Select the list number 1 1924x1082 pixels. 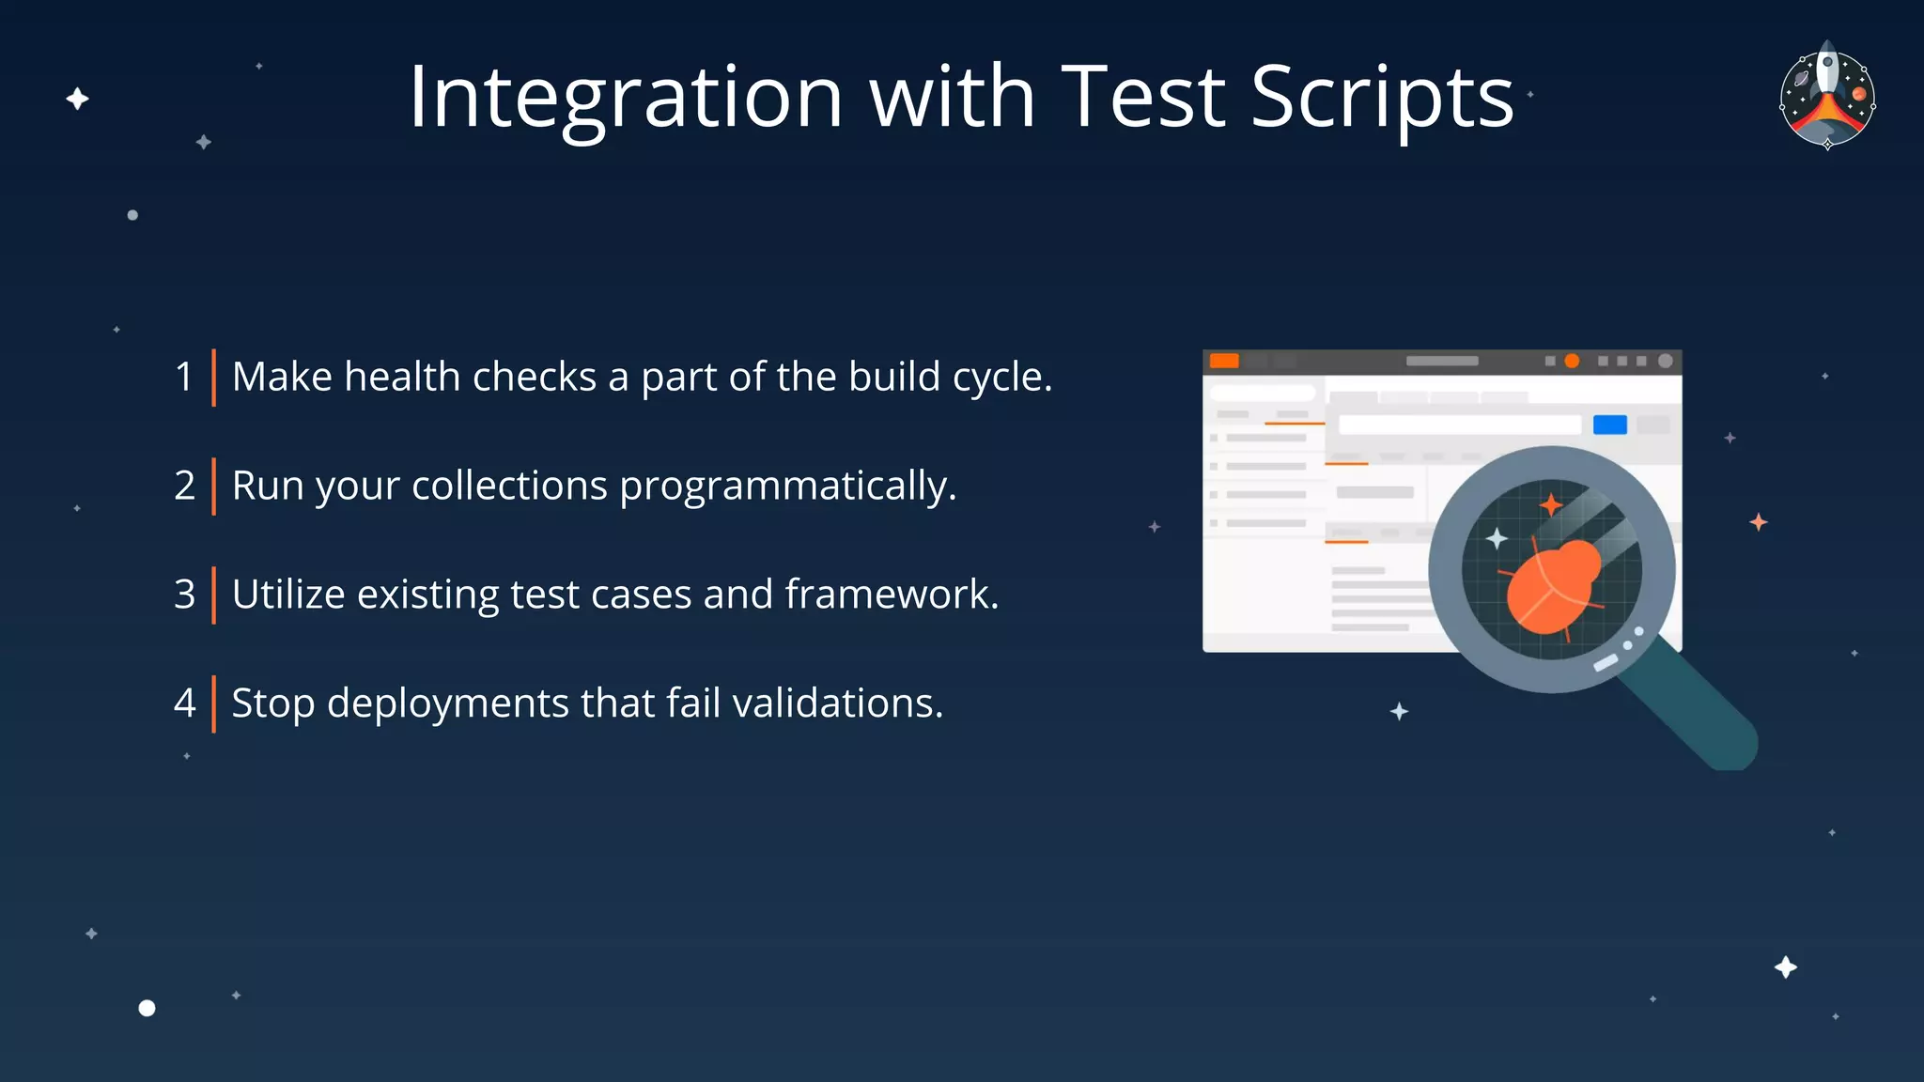(x=184, y=377)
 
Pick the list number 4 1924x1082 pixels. (x=184, y=703)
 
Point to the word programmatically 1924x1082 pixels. (x=787, y=487)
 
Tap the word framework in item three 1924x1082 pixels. (x=891, y=595)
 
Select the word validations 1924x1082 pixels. (x=837, y=703)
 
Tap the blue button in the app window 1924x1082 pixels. (x=1609, y=425)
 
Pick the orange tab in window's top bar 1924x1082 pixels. (x=1224, y=361)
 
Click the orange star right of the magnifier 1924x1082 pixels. (x=1759, y=522)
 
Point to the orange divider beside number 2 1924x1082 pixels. (x=213, y=486)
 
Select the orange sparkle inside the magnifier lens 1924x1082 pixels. (x=1550, y=505)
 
